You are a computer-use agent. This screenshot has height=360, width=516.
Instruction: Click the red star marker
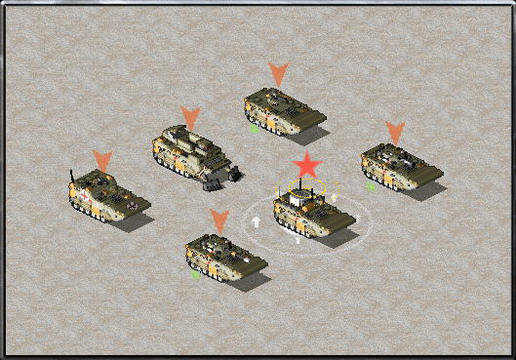[x=308, y=165]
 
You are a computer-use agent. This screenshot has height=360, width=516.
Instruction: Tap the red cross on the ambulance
[x=86, y=194]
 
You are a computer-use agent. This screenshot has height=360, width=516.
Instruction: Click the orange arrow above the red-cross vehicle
[x=102, y=160]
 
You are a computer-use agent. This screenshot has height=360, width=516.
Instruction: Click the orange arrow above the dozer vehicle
[x=190, y=118]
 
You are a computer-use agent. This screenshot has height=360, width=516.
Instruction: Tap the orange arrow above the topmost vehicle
[x=278, y=73]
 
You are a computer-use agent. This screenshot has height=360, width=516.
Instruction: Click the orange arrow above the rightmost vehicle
[x=395, y=132]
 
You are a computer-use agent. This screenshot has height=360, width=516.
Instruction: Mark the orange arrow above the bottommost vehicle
[x=219, y=220]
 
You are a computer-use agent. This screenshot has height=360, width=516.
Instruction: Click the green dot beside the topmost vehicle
[x=253, y=127]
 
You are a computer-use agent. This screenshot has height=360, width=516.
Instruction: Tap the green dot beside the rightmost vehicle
[x=370, y=184]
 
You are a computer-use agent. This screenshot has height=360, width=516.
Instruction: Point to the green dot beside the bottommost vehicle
[x=195, y=274]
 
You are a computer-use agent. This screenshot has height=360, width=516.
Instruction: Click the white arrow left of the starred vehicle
[x=257, y=222]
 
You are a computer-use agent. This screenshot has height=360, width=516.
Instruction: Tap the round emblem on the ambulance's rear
[x=132, y=206]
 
